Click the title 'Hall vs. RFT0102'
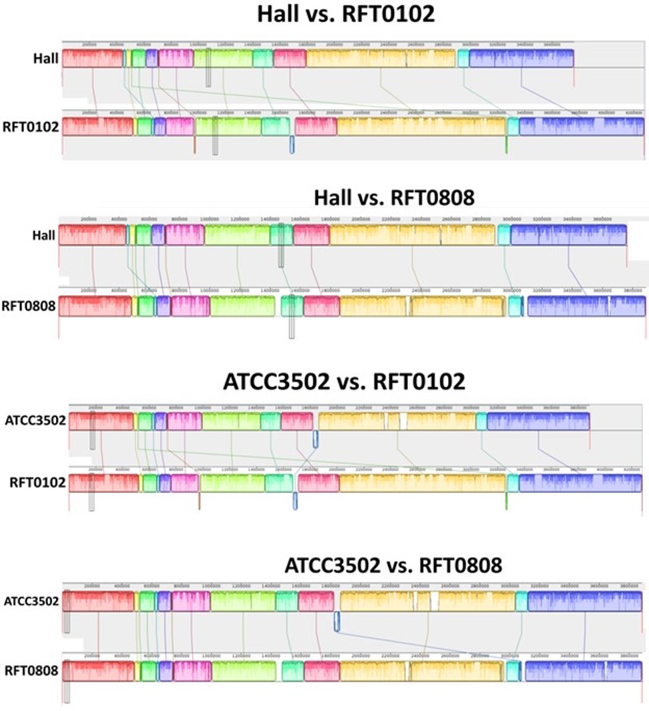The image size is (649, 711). tap(345, 15)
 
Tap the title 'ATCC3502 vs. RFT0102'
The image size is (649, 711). tap(344, 383)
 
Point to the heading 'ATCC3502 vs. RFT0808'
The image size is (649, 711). tap(393, 566)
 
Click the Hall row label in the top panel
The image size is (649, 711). tap(46, 58)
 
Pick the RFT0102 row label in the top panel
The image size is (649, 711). tap(36, 126)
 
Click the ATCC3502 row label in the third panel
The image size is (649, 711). tap(35, 421)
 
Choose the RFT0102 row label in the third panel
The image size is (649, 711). tap(37, 483)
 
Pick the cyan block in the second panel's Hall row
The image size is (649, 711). tap(503, 235)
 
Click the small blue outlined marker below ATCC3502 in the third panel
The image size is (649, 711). tap(316, 438)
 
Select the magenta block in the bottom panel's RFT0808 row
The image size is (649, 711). tap(192, 671)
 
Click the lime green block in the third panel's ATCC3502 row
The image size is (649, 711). tap(231, 421)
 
